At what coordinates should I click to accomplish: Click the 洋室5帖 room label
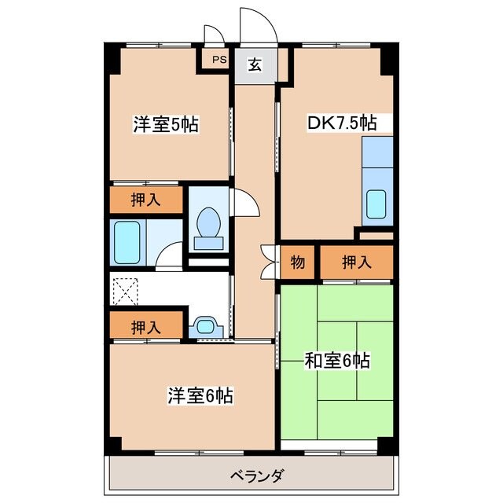[x=165, y=124]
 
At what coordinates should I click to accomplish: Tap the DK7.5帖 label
[x=340, y=123]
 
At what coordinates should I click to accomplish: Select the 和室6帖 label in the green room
[x=337, y=361]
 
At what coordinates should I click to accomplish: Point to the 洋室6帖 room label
[x=200, y=396]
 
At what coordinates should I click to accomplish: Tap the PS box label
[x=217, y=60]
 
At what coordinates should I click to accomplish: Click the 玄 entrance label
[x=255, y=65]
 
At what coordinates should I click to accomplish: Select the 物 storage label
[x=298, y=262]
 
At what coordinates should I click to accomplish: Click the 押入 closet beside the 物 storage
[x=356, y=262]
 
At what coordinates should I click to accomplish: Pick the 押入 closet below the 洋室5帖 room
[x=146, y=199]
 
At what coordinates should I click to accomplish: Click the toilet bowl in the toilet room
[x=209, y=223]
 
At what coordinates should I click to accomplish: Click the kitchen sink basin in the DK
[x=376, y=204]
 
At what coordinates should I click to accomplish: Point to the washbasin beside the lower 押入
[x=206, y=325]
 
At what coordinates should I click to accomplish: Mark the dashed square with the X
[x=124, y=292]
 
